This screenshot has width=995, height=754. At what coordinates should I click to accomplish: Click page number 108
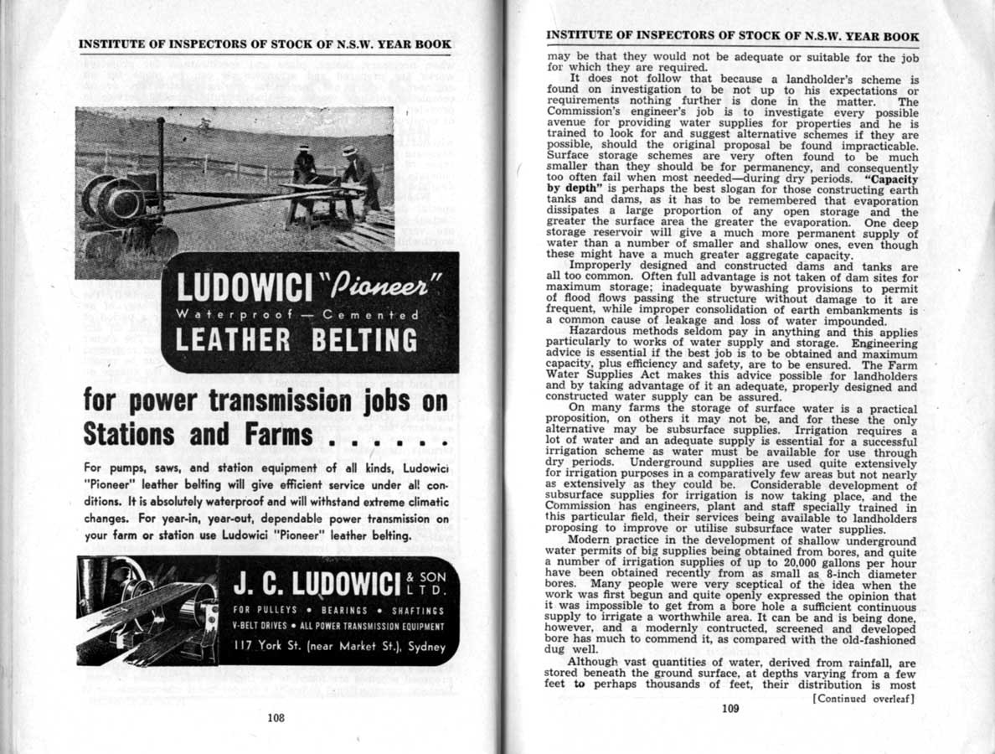pyautogui.click(x=276, y=717)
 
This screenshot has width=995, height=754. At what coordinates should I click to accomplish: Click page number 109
pyautogui.click(x=729, y=708)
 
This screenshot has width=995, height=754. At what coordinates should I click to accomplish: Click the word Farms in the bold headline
pyautogui.click(x=269, y=434)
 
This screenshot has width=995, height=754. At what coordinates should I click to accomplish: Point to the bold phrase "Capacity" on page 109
pyautogui.click(x=889, y=179)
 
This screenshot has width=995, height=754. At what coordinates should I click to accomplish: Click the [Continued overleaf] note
pyautogui.click(x=864, y=697)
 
